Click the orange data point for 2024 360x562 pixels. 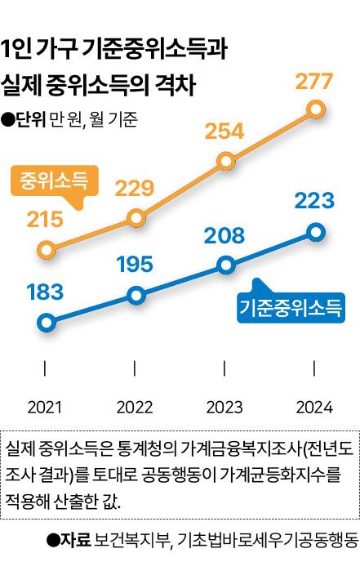tap(316, 109)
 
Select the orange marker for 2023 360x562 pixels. tap(226, 161)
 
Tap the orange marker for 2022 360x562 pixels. tap(136, 218)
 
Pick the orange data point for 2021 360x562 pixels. tap(47, 249)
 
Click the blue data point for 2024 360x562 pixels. tap(316, 232)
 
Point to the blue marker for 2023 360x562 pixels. tap(226, 265)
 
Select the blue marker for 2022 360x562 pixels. tap(136, 295)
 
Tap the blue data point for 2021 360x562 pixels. tap(47, 323)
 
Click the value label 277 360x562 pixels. tap(314, 81)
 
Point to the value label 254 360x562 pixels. tap(224, 132)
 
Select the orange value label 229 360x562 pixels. tap(135, 188)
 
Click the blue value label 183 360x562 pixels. tap(45, 292)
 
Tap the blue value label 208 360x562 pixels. tap(224, 235)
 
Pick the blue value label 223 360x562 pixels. tap(314, 201)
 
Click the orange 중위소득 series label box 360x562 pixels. tap(55, 181)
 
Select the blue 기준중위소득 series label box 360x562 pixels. tap(291, 308)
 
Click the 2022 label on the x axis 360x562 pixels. tap(135, 408)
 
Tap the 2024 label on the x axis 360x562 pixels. tap(314, 408)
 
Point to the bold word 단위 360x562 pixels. tap(30, 119)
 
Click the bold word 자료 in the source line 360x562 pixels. tap(75, 540)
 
